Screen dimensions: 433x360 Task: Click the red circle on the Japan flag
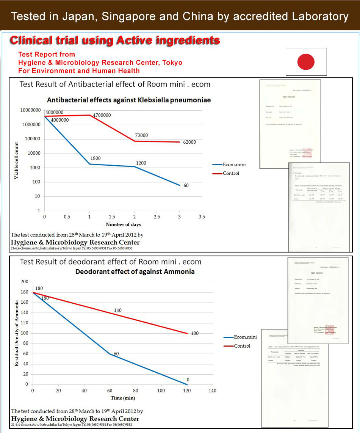coord(306,61)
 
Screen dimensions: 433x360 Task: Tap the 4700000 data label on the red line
coord(102,115)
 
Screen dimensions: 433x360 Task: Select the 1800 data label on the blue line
coord(95,158)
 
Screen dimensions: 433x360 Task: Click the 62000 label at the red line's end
coord(189,142)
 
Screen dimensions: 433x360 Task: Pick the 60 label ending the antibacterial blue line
coord(186,185)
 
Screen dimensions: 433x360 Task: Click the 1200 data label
coord(141,163)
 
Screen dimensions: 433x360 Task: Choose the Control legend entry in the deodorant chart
coord(242,346)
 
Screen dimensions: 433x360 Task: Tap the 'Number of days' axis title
coord(123,224)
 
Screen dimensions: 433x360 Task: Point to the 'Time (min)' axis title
coord(123,398)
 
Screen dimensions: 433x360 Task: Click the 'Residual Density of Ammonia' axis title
coord(17,333)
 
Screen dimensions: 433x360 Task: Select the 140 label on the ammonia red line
coord(117,310)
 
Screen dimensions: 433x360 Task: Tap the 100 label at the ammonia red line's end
coord(194,333)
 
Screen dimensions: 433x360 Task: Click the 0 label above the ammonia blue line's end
coord(188,380)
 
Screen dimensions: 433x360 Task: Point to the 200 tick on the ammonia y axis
coord(24,282)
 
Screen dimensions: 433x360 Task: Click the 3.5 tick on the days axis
coord(202,217)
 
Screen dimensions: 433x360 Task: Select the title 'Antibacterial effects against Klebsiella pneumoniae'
coord(129,100)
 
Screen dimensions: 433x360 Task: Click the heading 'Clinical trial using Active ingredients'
coord(114,40)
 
